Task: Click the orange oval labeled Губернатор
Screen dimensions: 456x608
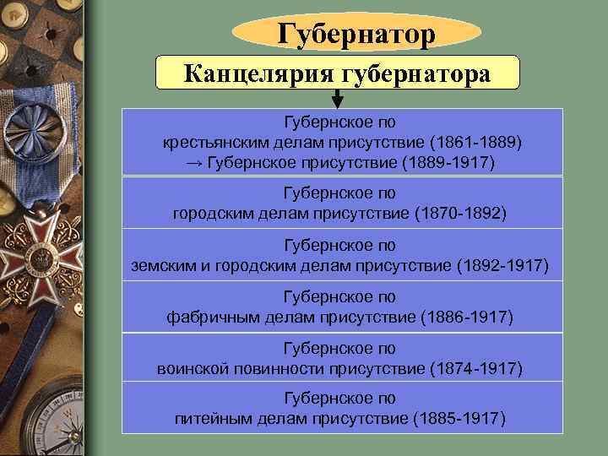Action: point(356,34)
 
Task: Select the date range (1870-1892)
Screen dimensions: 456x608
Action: point(461,213)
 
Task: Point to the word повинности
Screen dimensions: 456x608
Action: point(280,368)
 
